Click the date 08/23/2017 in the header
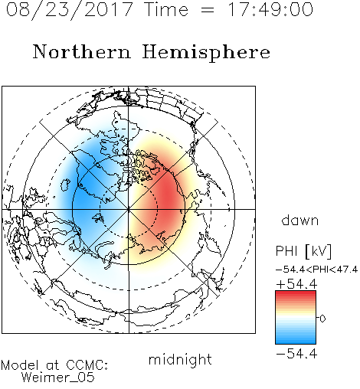70,9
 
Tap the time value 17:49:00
270,9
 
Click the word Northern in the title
82,51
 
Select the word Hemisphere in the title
206,53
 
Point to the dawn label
300,220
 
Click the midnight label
180,360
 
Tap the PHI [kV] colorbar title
303,251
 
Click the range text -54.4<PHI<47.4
316,270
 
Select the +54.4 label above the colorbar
296,284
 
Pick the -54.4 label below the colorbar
296,354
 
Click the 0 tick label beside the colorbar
322,319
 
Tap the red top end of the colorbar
296,293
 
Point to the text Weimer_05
58,378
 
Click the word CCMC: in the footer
87,365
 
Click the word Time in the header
166,10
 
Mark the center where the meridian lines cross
129,209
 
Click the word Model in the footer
20,365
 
